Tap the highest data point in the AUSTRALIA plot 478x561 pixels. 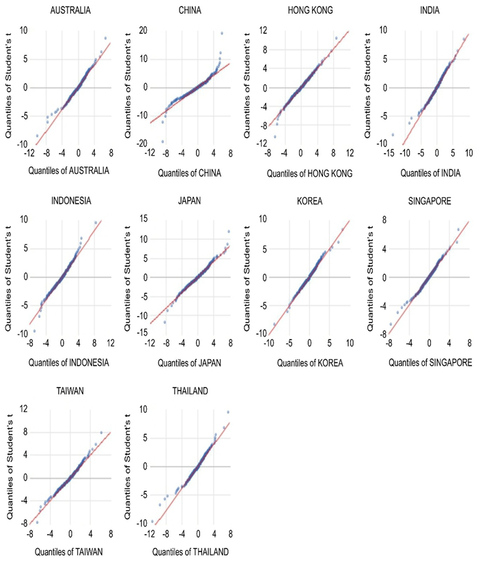pos(105,38)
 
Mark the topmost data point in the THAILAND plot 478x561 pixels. pos(228,412)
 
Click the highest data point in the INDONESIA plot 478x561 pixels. pos(96,222)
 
